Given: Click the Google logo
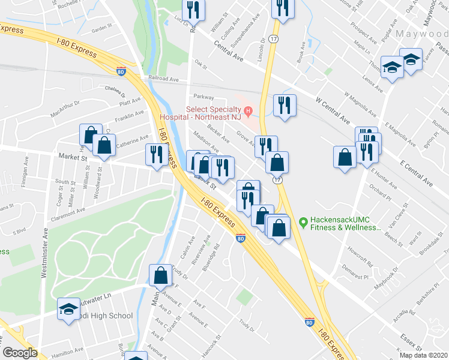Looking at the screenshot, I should point(20,353).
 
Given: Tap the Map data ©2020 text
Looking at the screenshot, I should point(424,355).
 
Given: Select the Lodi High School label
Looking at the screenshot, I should point(105,316).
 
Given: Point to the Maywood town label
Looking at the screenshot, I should point(421,34).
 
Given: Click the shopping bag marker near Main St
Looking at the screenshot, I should point(161,275).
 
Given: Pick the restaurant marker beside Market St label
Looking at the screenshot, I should point(155,154).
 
